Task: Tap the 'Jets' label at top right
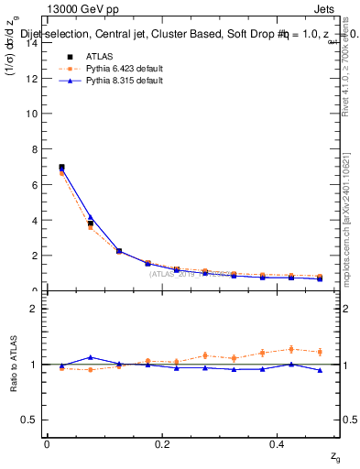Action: tap(328, 10)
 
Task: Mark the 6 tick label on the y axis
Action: tap(33, 184)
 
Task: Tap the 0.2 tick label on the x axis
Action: tap(162, 444)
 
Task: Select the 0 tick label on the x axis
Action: tap(47, 444)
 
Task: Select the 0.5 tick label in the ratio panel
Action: tap(29, 420)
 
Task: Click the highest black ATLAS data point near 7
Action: tap(61, 168)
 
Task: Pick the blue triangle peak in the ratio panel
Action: tap(90, 357)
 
